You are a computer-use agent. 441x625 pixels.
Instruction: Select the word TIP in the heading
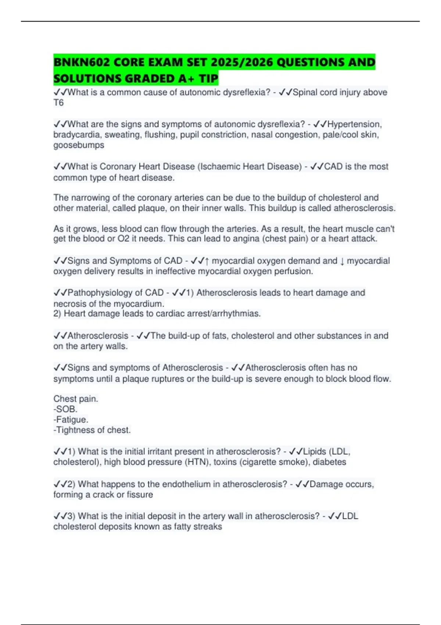click(x=208, y=79)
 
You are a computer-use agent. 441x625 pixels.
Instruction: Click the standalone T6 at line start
click(x=58, y=103)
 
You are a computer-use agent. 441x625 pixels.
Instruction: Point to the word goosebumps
click(x=79, y=145)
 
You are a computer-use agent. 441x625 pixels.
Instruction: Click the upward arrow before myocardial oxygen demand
click(x=207, y=261)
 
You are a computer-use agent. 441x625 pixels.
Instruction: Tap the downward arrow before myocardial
click(x=342, y=261)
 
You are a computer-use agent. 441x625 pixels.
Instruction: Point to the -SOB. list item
click(x=65, y=409)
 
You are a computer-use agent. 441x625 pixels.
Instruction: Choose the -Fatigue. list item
click(x=71, y=419)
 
